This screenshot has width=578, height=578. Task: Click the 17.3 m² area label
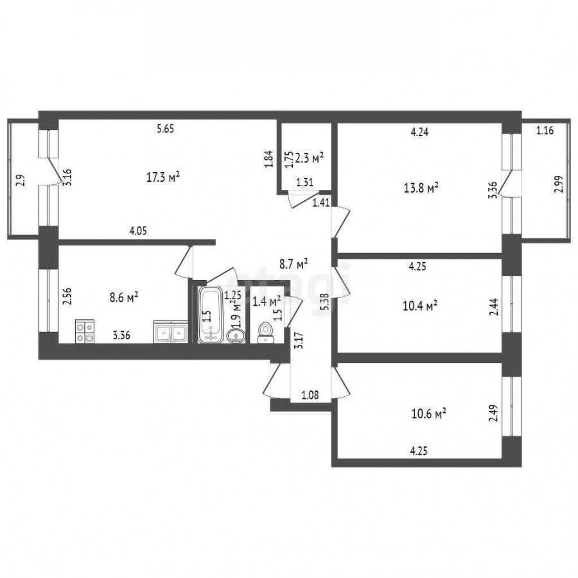(163, 178)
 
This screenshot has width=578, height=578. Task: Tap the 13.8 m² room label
(421, 188)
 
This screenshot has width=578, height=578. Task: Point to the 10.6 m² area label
(429, 414)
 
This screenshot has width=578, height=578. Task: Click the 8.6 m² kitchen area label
(124, 297)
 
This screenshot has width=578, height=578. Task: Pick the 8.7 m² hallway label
(293, 265)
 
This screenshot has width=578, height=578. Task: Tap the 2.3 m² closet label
(310, 159)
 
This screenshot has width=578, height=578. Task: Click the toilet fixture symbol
(265, 333)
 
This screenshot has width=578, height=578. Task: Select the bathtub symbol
(211, 315)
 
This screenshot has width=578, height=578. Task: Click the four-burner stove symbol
(85, 331)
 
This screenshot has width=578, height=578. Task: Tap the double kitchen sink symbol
(171, 332)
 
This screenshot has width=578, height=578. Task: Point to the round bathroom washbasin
(236, 336)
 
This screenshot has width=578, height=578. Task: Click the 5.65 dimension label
(165, 129)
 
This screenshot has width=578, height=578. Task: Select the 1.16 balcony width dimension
(545, 130)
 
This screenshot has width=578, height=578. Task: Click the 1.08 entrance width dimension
(310, 396)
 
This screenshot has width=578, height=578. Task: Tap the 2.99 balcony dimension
(559, 184)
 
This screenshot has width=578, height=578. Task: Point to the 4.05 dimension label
(138, 231)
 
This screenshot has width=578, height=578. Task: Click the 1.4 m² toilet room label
(267, 302)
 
